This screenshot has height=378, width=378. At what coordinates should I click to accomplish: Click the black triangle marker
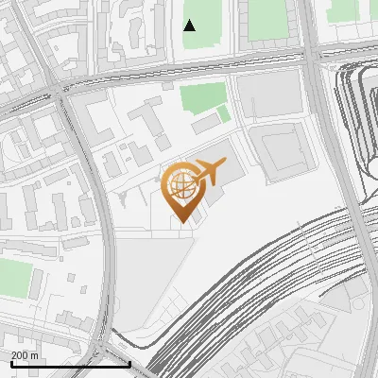point(190,26)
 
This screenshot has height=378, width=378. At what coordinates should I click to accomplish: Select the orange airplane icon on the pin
point(208,172)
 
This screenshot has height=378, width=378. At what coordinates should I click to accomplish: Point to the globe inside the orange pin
point(180,184)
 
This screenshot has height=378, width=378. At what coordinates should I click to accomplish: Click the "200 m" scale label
point(25,355)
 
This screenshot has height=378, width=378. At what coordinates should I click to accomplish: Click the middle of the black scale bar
point(71,364)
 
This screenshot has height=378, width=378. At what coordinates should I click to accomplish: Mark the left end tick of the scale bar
point(12,364)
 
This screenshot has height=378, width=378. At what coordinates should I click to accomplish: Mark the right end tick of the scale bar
point(129,364)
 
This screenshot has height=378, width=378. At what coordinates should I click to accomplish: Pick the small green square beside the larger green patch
point(223,114)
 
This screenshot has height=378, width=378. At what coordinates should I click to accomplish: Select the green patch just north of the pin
point(203,97)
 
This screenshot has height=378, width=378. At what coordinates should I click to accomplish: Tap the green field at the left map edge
point(13,277)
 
